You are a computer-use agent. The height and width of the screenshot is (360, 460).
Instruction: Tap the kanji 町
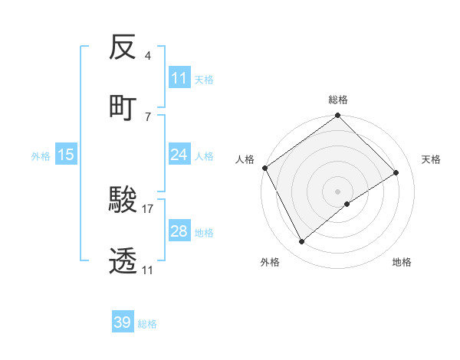(123, 106)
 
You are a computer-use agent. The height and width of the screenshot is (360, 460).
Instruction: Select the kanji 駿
(123, 201)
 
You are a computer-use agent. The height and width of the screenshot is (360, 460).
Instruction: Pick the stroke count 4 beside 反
(147, 56)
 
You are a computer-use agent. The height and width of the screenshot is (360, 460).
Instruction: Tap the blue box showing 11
(179, 78)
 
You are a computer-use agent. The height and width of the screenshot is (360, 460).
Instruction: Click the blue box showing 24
(179, 155)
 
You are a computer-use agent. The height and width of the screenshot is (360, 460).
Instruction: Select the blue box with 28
(179, 231)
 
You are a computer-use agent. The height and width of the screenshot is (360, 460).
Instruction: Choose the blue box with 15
(66, 155)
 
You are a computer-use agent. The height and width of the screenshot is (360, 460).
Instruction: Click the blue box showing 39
(123, 322)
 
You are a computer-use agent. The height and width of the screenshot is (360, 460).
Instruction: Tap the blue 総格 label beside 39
(147, 324)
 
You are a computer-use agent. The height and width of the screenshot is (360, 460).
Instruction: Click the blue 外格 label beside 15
(41, 155)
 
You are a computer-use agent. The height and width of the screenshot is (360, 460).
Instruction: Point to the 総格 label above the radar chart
(338, 100)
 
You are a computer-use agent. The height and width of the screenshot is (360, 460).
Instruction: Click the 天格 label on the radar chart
(431, 159)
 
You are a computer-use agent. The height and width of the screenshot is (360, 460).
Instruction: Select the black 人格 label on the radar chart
(245, 159)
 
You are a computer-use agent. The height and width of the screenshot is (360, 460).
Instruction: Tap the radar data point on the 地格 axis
(347, 204)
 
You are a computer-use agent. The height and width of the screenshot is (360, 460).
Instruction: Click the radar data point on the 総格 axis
(338, 116)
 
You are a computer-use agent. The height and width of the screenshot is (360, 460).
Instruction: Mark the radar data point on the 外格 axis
(302, 242)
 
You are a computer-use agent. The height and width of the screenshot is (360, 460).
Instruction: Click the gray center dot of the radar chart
(338, 191)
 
